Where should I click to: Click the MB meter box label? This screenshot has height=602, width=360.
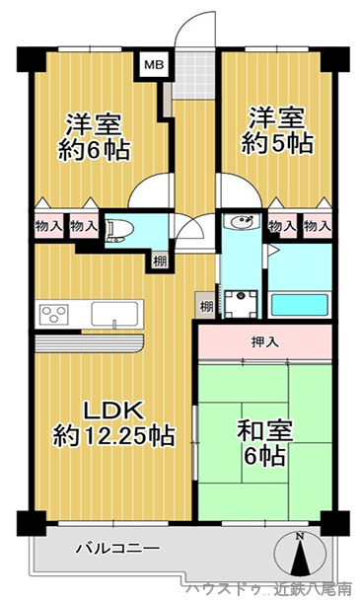[x=154, y=64]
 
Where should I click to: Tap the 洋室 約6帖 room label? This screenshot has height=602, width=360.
[x=94, y=137]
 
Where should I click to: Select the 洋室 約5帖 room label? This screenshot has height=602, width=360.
[x=277, y=130]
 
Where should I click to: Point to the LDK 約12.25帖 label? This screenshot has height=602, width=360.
[x=114, y=423]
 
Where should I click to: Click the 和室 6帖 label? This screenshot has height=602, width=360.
[x=265, y=443]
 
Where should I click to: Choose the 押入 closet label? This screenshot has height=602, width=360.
[x=264, y=342]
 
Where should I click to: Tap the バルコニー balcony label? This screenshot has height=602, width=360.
[x=117, y=548]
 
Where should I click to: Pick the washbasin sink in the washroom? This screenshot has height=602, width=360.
[x=242, y=222]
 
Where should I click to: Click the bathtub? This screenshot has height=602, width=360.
[x=300, y=305]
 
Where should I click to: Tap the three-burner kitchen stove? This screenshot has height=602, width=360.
[x=55, y=314]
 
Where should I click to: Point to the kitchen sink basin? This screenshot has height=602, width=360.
[x=114, y=314]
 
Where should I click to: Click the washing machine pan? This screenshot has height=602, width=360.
[x=241, y=304]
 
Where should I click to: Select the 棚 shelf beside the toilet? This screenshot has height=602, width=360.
[x=160, y=262]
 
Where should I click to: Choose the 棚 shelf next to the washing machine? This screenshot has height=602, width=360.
[x=206, y=306]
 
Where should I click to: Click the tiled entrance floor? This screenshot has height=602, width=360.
[x=193, y=75]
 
